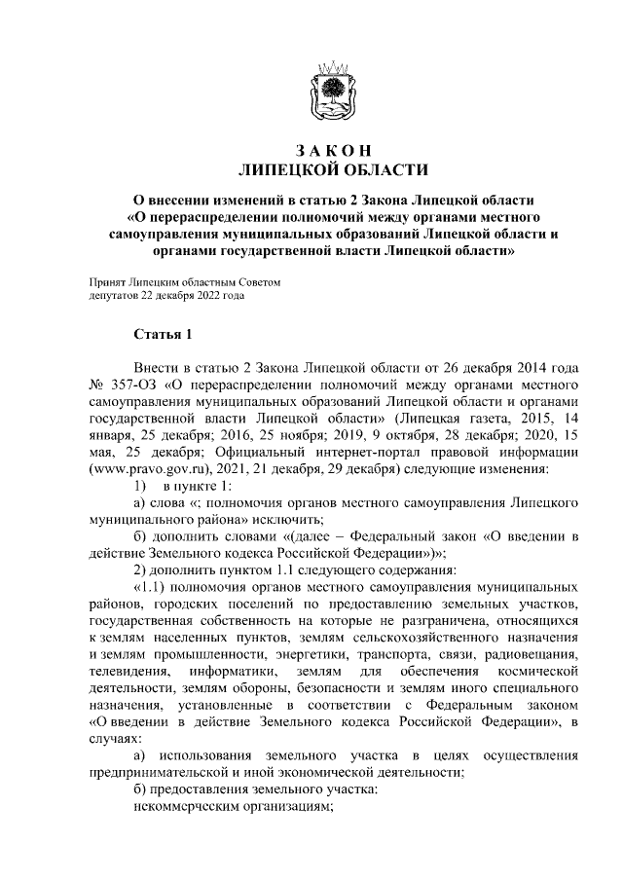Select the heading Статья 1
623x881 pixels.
[163, 335]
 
